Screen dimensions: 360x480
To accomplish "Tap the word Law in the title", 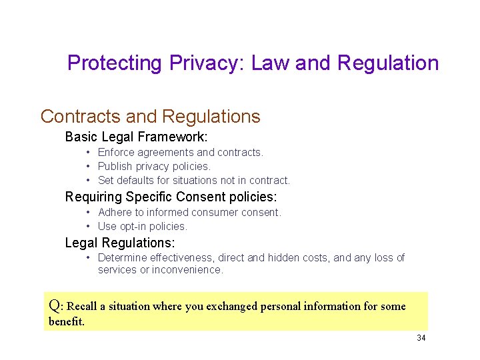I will [x=270, y=63].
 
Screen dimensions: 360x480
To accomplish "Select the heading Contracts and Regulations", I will [x=150, y=116].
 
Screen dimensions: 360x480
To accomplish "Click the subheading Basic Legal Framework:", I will [x=136, y=137].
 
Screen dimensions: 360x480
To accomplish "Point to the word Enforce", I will [x=116, y=153].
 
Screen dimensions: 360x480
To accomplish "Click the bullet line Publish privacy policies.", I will [x=154, y=166].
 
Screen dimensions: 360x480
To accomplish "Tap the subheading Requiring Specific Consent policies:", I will [x=170, y=197].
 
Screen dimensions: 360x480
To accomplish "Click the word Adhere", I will [x=114, y=213].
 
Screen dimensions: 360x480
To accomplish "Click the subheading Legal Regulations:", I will [x=120, y=243].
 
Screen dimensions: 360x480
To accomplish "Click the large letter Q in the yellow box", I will [x=55, y=306].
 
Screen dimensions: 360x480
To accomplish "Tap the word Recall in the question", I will [x=82, y=307].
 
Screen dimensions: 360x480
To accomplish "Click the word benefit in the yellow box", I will [x=66, y=321].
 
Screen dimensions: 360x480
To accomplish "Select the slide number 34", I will [x=421, y=338].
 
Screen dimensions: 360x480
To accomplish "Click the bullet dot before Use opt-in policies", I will [x=88, y=226].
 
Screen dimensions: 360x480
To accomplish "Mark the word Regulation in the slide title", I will [x=388, y=63].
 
